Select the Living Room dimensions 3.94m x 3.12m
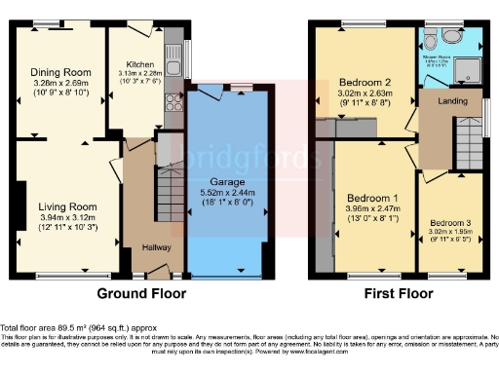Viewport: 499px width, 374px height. point(67,217)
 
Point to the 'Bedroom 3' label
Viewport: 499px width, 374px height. point(451,222)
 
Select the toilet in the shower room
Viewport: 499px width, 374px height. point(450,37)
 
